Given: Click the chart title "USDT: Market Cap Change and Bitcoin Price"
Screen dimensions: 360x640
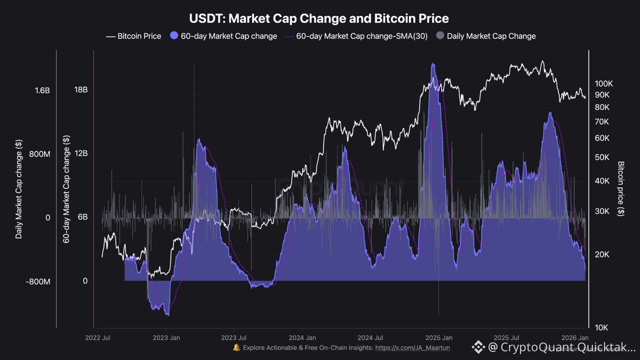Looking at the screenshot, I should click(319, 18).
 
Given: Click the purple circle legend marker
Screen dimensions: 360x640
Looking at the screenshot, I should click(174, 36).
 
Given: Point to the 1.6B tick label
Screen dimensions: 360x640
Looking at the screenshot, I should click(42, 90).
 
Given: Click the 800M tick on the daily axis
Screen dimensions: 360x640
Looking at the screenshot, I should click(40, 154).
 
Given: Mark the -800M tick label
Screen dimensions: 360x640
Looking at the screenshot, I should click(38, 282).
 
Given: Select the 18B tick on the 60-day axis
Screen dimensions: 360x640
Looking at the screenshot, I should click(81, 90).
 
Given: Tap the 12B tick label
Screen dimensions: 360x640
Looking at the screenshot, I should click(81, 153).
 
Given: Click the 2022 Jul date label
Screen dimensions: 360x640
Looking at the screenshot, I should click(99, 338).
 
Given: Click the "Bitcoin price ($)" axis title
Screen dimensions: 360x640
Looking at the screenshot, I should click(621, 189).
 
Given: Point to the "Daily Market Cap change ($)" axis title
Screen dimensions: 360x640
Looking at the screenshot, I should click(19, 189).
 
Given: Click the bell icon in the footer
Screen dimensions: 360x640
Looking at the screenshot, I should click(236, 347).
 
